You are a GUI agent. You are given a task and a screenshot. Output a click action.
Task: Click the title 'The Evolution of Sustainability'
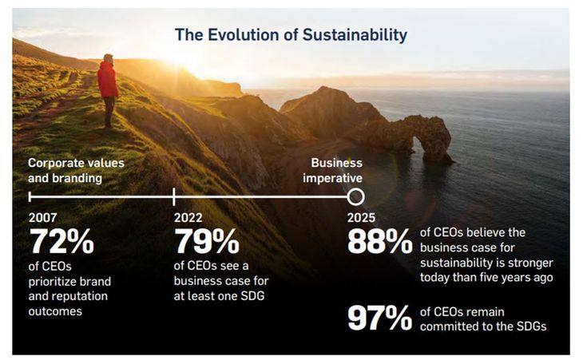[291, 35]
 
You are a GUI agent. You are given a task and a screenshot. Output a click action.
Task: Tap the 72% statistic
[61, 242]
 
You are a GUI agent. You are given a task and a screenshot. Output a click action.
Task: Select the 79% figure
[206, 242]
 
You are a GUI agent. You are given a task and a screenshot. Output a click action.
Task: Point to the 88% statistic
[379, 242]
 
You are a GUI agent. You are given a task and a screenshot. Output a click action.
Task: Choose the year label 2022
[188, 217]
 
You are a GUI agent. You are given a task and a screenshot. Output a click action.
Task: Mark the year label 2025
[361, 217]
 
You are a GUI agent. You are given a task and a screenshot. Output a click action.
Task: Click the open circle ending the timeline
[356, 196]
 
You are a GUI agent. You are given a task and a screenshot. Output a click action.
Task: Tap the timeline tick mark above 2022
[174, 196]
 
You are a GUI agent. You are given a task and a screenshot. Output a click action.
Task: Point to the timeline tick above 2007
[30, 196]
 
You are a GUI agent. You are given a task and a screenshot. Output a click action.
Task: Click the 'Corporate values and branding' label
[76, 170]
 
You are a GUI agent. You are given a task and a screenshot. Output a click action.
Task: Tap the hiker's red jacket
[107, 80]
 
